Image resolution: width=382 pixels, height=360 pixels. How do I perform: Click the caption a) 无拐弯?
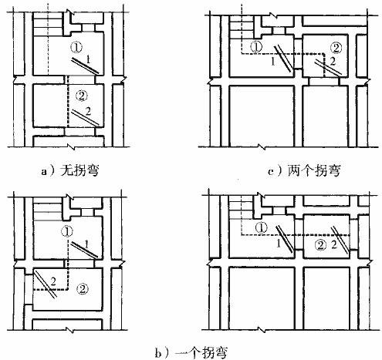[70, 170]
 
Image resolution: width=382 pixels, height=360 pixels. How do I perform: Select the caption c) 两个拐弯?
[304, 170]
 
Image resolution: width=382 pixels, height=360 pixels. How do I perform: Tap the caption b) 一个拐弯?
[191, 352]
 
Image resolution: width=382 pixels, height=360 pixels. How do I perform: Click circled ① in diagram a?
[76, 48]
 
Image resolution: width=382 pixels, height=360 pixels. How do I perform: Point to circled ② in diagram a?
[82, 96]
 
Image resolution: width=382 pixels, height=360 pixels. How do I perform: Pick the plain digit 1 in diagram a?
[88, 59]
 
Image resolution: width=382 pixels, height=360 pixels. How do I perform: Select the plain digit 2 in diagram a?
[88, 111]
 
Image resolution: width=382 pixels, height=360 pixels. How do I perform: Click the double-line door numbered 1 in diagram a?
[85, 66]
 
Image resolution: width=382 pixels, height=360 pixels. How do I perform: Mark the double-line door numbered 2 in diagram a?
[85, 117]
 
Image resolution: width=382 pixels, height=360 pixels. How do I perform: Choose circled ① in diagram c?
[256, 47]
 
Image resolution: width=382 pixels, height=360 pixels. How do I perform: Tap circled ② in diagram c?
[336, 48]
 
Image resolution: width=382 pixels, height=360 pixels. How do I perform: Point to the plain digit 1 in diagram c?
[273, 62]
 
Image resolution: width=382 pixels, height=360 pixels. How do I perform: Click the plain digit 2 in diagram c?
[333, 62]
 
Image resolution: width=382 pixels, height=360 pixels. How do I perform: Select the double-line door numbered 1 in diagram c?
[283, 59]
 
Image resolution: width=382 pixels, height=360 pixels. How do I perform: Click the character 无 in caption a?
[67, 170]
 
